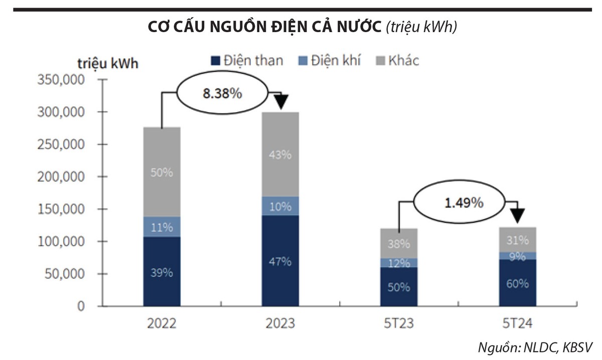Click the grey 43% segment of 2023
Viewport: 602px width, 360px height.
tap(280, 154)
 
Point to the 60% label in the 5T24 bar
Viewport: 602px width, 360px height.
tap(517, 283)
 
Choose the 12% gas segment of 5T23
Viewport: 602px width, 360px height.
tap(399, 263)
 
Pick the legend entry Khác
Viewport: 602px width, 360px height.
tap(397, 61)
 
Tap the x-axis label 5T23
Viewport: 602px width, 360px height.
tap(399, 323)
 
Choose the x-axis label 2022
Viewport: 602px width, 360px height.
tap(162, 323)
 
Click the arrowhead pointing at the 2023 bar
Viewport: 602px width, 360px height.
tap(281, 102)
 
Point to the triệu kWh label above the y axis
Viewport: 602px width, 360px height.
tap(108, 64)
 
